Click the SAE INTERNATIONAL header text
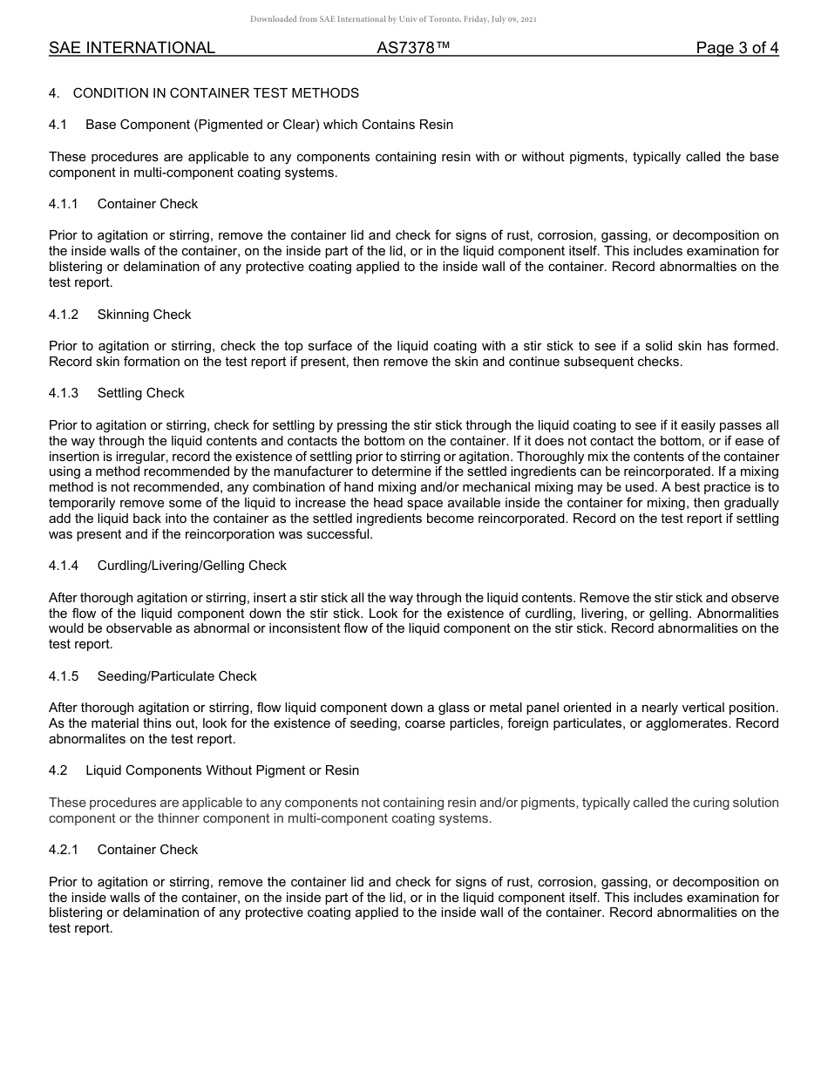[x=132, y=48]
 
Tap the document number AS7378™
[x=413, y=48]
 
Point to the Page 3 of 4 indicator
[x=736, y=48]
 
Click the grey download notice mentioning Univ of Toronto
[x=394, y=19]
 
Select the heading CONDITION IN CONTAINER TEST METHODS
[x=215, y=93]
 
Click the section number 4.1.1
[x=64, y=204]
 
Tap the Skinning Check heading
[x=144, y=315]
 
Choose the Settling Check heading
[x=140, y=393]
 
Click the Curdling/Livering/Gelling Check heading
[x=192, y=566]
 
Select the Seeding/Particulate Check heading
[x=177, y=676]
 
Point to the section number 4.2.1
[x=64, y=850]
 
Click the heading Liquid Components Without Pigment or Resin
[x=222, y=770]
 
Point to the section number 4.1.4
[x=64, y=566]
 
